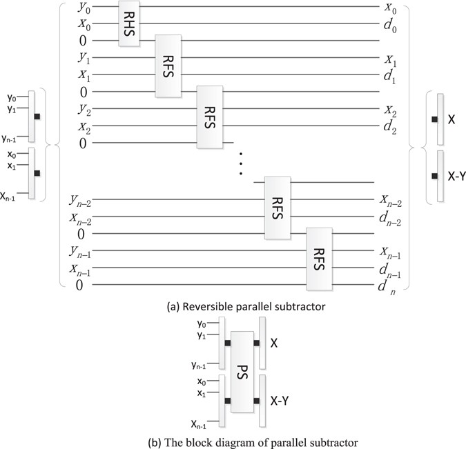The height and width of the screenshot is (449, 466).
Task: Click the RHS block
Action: (x=129, y=23)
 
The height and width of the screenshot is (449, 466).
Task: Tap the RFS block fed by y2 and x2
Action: (x=210, y=117)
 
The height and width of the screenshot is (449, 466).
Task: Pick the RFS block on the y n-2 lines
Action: (x=278, y=207)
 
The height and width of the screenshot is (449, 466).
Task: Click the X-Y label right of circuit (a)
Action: (x=456, y=176)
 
